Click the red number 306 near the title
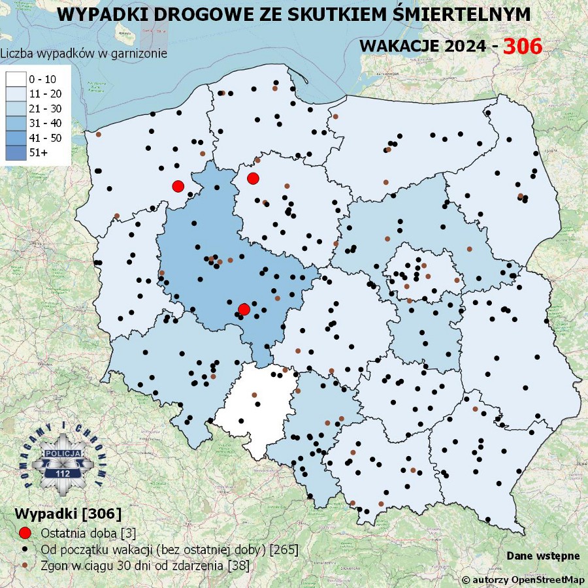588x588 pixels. click(x=523, y=46)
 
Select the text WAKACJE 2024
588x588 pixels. click(x=423, y=46)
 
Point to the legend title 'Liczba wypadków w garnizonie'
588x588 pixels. click(x=84, y=54)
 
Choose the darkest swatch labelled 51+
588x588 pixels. click(x=15, y=152)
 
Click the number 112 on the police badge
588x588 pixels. click(x=63, y=473)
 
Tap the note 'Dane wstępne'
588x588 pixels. click(x=543, y=555)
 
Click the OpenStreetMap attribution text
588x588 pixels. click(x=525, y=580)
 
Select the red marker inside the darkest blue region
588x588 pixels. click(x=244, y=309)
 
